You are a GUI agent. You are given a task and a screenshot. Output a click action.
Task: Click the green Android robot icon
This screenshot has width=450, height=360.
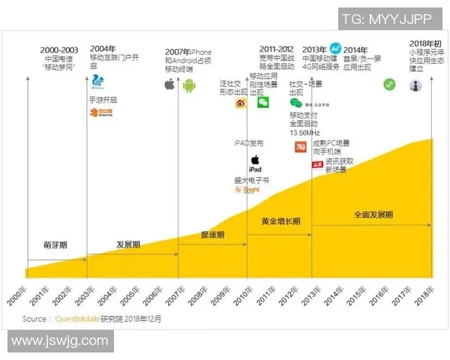(x=189, y=85)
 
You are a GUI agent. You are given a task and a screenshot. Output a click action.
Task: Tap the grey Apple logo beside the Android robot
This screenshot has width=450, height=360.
(x=169, y=85)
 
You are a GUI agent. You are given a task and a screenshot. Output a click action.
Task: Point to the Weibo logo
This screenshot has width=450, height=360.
(x=240, y=103)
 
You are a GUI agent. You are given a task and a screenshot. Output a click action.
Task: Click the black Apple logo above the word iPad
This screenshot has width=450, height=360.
(x=254, y=159)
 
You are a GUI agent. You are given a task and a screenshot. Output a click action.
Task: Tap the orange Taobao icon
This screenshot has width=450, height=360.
(x=299, y=147)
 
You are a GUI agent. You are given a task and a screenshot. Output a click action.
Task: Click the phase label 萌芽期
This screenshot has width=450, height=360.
(x=55, y=244)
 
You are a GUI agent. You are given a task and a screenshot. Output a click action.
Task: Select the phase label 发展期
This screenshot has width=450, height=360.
(x=128, y=244)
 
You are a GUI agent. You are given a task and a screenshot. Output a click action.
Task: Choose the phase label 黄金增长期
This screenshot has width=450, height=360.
(x=280, y=221)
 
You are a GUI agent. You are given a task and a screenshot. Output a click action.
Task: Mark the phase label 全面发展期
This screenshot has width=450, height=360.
(x=373, y=214)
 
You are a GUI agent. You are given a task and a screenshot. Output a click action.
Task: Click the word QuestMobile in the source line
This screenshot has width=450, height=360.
(x=77, y=318)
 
